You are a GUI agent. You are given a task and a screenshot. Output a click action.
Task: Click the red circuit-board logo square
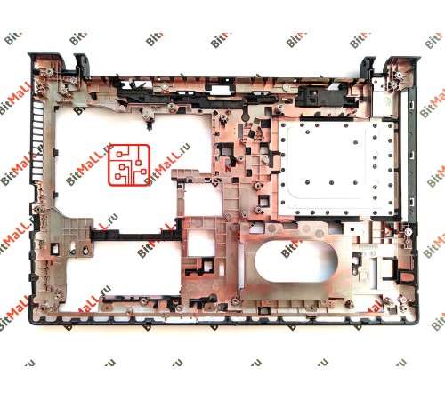point(129,165)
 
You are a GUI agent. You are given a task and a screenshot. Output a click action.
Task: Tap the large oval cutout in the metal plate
point(296,261)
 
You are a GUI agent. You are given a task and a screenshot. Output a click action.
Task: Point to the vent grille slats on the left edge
point(37,140)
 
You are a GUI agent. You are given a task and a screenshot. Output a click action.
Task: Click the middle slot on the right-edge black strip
point(411,155)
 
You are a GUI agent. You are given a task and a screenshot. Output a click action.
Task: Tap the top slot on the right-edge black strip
point(411,105)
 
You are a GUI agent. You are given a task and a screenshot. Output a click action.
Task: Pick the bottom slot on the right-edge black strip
point(412,202)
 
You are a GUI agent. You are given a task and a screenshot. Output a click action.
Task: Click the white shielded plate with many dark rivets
point(336,167)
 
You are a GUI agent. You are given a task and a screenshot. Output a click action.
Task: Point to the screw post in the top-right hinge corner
point(400,75)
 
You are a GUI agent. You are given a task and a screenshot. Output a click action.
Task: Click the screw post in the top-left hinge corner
point(48,71)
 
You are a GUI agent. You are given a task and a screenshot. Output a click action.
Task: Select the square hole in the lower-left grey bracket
point(55,248)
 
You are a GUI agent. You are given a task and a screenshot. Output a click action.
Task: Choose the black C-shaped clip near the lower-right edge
point(390,268)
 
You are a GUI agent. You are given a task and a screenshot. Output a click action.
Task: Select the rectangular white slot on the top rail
point(220,90)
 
